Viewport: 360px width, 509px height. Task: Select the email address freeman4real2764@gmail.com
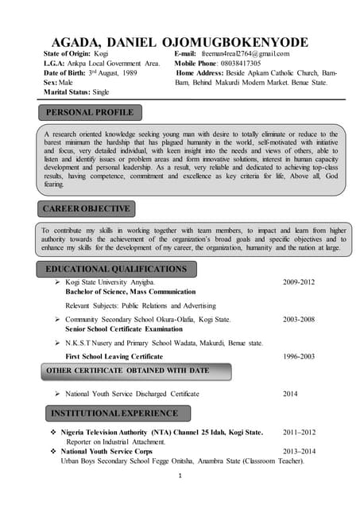click(x=245, y=53)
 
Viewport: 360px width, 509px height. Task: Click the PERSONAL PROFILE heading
click(x=90, y=112)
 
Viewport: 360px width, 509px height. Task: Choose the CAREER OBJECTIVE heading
click(x=86, y=208)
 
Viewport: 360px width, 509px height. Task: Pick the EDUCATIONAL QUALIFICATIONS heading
click(x=116, y=269)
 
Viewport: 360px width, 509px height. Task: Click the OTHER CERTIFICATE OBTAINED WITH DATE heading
click(x=127, y=371)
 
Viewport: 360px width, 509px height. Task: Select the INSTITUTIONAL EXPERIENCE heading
click(x=114, y=414)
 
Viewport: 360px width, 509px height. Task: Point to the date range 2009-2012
click(x=299, y=282)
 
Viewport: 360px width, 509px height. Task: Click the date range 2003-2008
click(x=299, y=319)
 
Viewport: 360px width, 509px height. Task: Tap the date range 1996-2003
click(x=299, y=356)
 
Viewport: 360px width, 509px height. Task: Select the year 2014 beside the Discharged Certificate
click(x=291, y=394)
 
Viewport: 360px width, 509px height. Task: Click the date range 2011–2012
click(x=299, y=433)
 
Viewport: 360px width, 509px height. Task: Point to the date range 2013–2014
click(x=299, y=451)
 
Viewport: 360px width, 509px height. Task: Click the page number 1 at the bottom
click(x=180, y=476)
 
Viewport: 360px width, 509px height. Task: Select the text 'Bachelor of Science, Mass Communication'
click(x=130, y=292)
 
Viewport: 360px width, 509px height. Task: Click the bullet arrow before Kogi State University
click(x=58, y=282)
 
